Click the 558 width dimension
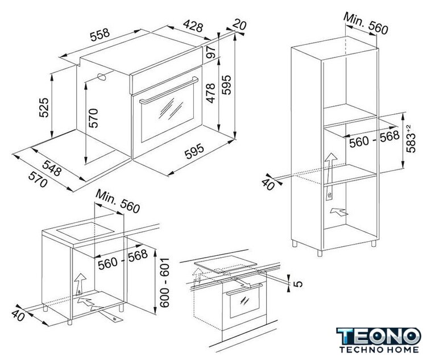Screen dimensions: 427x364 point(100,35)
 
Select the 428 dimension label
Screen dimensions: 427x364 point(193,26)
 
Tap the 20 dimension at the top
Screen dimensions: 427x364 point(239,24)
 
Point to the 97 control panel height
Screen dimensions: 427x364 point(211,52)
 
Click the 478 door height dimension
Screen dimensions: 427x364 point(211,93)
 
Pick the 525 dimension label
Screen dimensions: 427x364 point(44,107)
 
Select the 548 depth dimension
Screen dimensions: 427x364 point(52,168)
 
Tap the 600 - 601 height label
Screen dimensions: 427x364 point(164,283)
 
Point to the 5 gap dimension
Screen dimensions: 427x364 point(298,284)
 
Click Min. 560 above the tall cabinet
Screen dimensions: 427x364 point(366,23)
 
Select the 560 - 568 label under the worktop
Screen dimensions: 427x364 point(123,260)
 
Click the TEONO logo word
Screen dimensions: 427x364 point(379,336)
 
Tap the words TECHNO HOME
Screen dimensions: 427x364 point(379,349)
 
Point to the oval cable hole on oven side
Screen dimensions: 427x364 point(101,77)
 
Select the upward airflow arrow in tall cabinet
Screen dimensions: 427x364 point(330,177)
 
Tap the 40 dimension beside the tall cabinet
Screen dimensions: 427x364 point(268,184)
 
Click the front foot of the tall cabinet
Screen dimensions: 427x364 point(320,253)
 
